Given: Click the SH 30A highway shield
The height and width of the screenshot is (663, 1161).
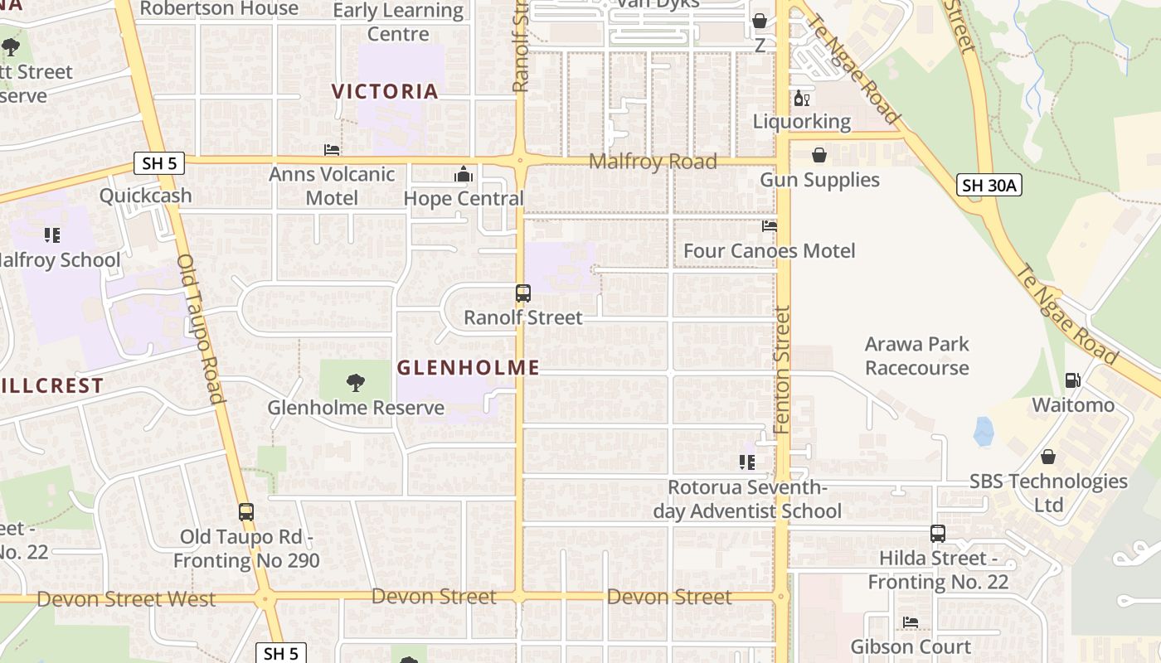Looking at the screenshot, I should tap(989, 185).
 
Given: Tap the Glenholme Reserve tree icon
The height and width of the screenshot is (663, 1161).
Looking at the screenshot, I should tap(355, 382).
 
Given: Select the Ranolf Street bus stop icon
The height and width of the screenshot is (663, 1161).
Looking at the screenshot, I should tap(522, 293).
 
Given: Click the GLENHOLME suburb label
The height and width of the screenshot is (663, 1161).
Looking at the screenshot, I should tap(468, 367).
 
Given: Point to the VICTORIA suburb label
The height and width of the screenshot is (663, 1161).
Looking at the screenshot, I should tap(385, 91).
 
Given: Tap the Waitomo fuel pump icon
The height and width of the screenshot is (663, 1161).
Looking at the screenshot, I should tap(1072, 380).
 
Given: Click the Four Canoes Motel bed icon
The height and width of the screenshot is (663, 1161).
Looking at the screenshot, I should tap(770, 225).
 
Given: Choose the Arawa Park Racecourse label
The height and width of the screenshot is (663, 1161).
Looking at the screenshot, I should tap(916, 356).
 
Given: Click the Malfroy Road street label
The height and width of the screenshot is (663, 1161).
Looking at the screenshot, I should tap(653, 162).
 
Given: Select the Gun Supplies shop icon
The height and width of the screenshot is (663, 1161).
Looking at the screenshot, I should tap(819, 155).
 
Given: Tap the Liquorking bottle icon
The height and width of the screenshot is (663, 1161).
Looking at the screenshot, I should tap(801, 98).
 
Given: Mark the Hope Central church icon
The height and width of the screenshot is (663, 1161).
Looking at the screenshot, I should tap(463, 174).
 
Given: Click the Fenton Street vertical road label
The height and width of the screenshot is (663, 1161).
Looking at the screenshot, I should tap(782, 369).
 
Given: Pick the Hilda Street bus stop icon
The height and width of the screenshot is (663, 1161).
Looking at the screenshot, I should tap(937, 534).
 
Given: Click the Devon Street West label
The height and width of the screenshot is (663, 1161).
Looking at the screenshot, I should tap(126, 599).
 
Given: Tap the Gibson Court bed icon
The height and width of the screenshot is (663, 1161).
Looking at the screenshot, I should tap(910, 622).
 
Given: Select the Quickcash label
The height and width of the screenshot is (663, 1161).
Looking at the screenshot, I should tap(145, 196).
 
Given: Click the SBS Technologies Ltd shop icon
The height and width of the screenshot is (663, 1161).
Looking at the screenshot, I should tap(1048, 457).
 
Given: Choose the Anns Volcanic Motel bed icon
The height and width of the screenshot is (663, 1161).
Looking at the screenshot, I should tap(331, 150).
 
